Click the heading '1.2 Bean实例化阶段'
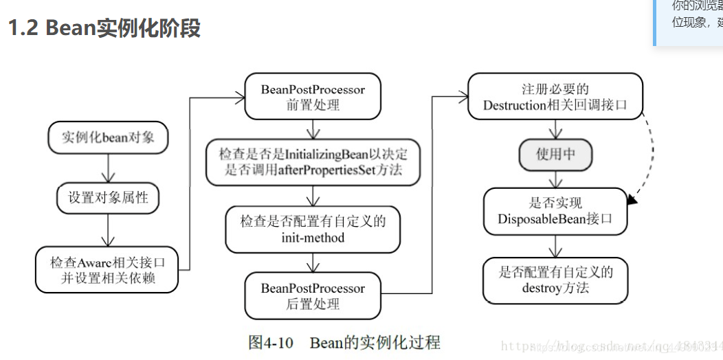(x=104, y=29)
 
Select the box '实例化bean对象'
(x=108, y=137)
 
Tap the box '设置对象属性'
(x=108, y=197)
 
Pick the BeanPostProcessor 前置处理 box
(x=313, y=97)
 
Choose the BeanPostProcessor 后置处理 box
(x=313, y=296)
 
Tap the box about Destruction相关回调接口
(x=555, y=97)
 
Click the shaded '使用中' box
(x=555, y=155)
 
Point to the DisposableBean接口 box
(x=555, y=211)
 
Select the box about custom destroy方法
(x=555, y=280)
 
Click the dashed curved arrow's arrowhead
(x=632, y=200)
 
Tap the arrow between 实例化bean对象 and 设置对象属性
(x=108, y=168)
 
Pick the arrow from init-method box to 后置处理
(x=313, y=262)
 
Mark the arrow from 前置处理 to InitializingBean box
(x=313, y=130)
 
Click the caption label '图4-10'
(x=271, y=342)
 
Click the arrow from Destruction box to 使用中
(x=555, y=130)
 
